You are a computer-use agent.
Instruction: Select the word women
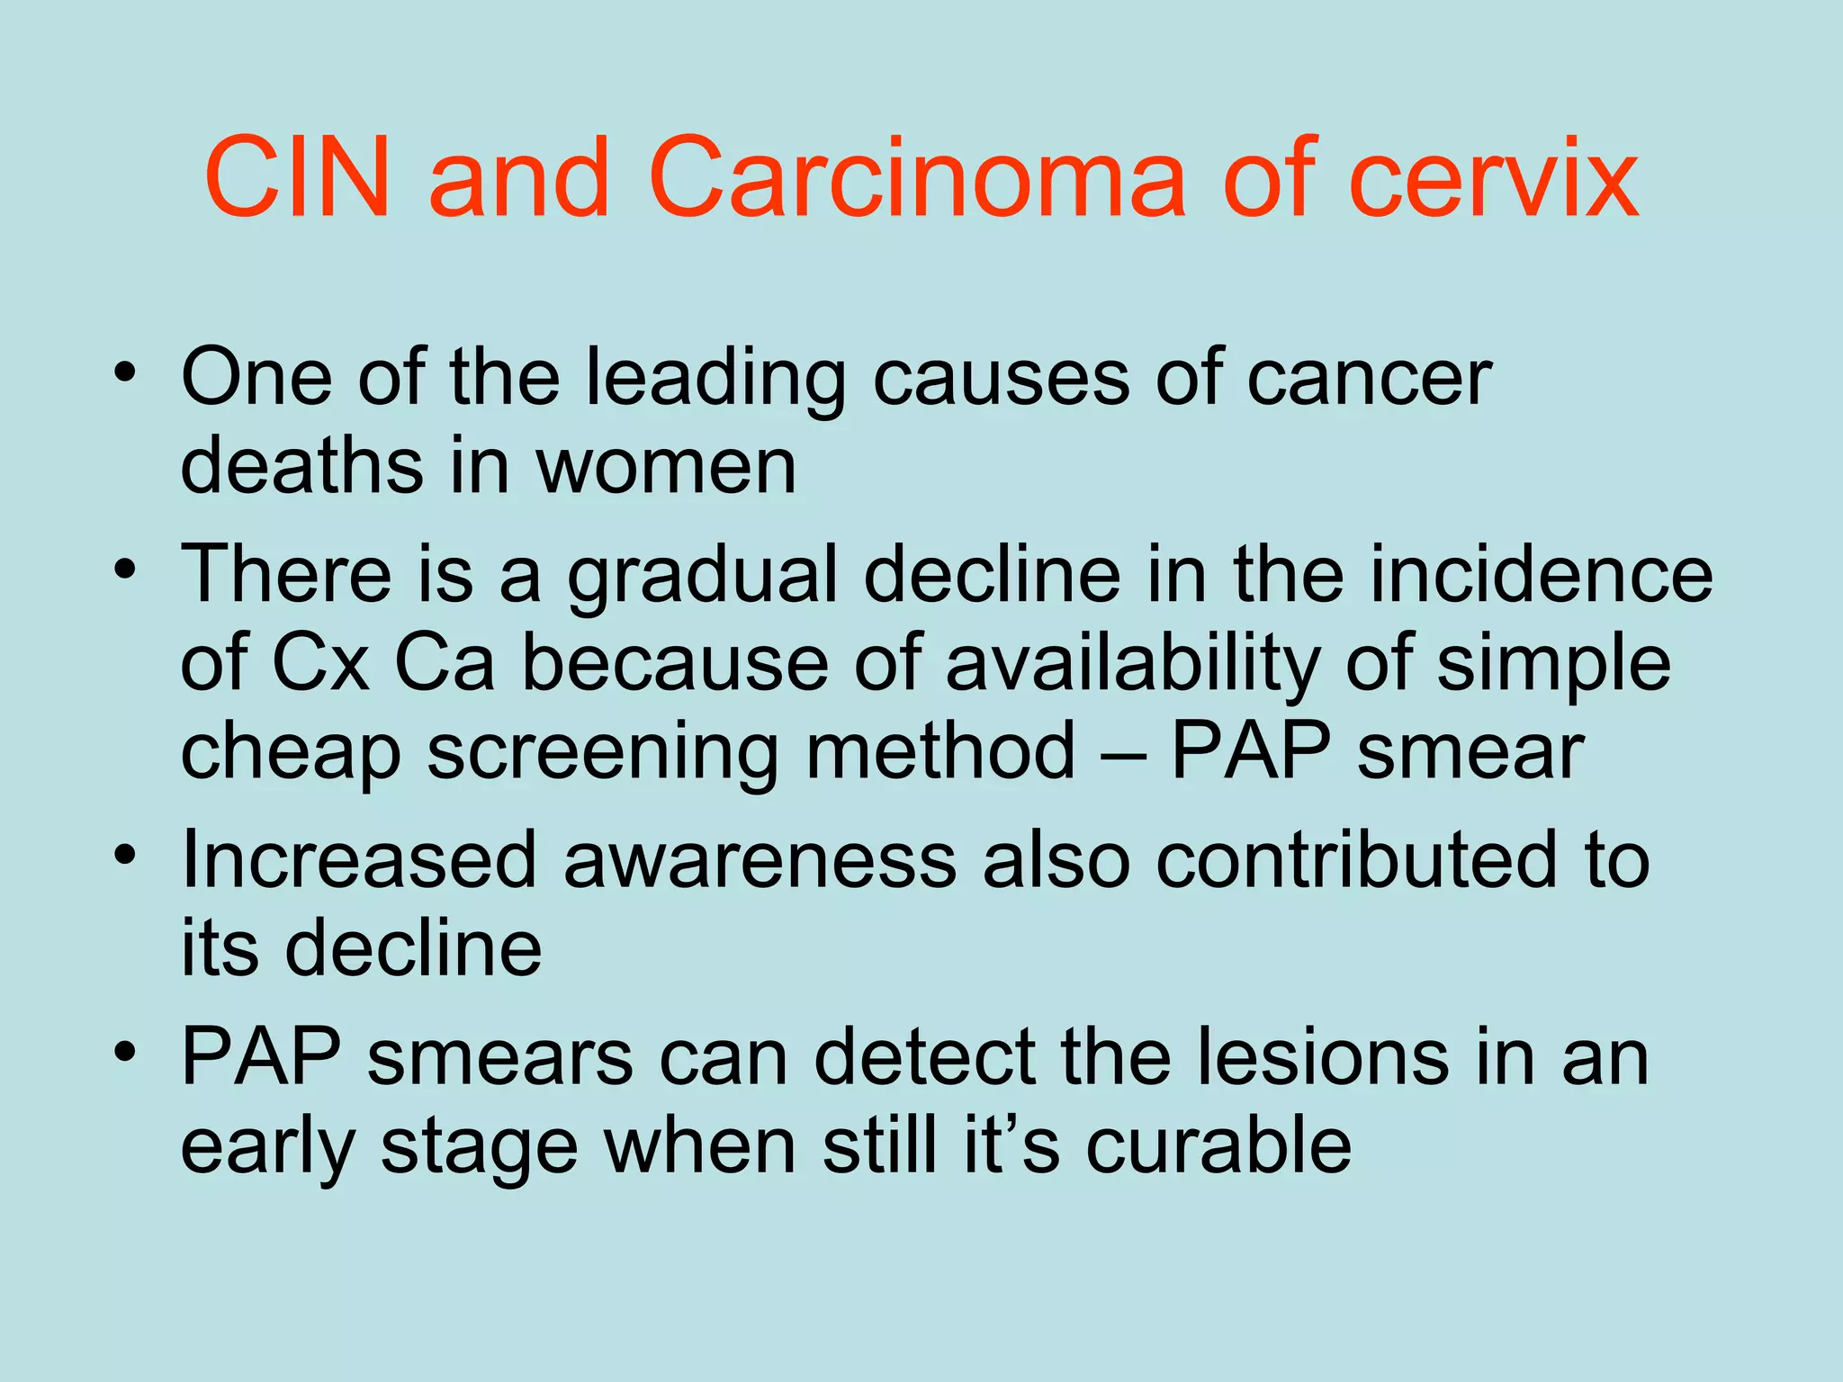tap(666, 467)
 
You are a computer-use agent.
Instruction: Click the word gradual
tap(702, 576)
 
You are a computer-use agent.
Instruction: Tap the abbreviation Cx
tap(320, 664)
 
